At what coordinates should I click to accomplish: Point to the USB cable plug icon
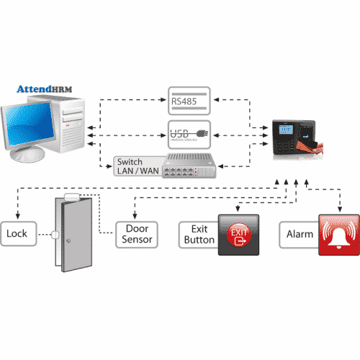point(204,133)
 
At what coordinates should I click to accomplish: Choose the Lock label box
point(17,234)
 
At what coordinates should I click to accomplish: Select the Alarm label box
point(298,234)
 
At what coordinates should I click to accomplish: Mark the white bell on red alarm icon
point(338,234)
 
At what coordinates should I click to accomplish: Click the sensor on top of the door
point(71,195)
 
